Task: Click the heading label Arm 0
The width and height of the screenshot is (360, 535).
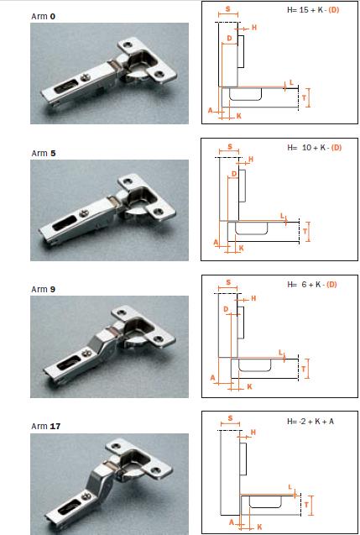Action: pos(43,17)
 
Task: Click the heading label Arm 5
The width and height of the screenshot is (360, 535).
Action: pos(43,153)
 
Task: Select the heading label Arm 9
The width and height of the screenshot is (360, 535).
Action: pos(43,289)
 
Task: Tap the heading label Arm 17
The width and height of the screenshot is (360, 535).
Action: pos(45,426)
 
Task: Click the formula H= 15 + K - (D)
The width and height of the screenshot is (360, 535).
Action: pos(313,10)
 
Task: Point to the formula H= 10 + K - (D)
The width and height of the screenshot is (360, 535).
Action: pos(314,148)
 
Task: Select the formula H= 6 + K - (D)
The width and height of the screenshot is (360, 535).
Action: pos(312,284)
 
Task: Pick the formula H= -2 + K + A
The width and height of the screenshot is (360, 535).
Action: pos(310,422)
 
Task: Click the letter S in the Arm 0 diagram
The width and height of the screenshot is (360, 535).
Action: pos(227,9)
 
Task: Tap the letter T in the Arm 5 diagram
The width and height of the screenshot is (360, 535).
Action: pos(305,232)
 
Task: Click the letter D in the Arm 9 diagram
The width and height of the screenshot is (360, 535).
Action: pos(226,309)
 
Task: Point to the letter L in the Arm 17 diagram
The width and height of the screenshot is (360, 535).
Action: pos(290,487)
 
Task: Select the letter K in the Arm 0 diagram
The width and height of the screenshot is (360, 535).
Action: pos(238,116)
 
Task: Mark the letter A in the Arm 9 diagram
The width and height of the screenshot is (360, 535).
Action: pos(213,378)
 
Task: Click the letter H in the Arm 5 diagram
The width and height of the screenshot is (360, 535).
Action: pos(251,159)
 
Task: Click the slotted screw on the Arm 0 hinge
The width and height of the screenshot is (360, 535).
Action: pos(85,79)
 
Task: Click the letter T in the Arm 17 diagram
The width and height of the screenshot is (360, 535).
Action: pos(306,505)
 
